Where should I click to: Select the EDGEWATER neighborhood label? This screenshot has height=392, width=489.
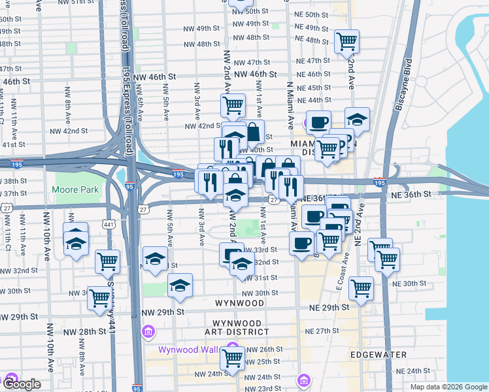pos(379,355)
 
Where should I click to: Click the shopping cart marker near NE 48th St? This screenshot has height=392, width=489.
pos(346,41)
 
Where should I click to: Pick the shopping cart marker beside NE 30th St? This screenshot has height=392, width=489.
pos(361,287)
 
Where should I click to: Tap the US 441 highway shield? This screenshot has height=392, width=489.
pos(109,225)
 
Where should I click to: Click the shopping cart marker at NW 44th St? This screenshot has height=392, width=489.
pos(232,105)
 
